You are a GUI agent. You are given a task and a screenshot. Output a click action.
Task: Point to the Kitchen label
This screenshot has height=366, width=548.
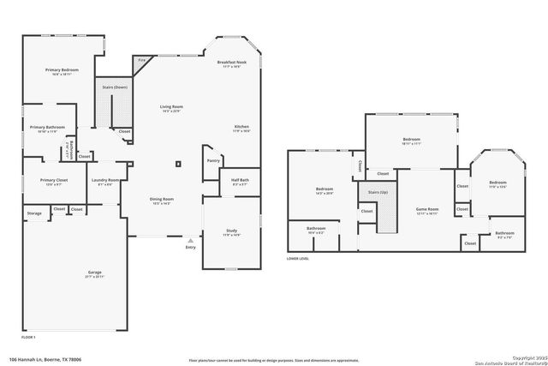point(242,127)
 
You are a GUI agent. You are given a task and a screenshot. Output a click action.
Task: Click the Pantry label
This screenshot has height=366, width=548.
point(213,160)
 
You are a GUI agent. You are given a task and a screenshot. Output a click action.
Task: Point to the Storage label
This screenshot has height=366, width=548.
point(34,213)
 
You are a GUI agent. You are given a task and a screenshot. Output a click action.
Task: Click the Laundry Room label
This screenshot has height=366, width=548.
point(105,180)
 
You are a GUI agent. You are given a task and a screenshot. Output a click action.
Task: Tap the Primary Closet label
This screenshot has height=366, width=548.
point(53,180)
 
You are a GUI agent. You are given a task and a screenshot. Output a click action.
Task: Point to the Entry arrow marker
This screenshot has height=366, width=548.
point(190,242)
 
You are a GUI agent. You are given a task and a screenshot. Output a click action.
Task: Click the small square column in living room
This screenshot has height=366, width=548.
point(177,163)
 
